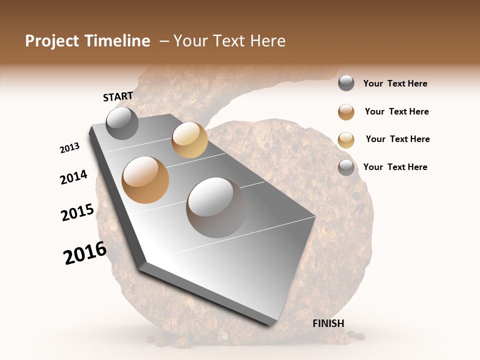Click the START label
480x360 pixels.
click(118, 96)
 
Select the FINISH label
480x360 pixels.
click(328, 323)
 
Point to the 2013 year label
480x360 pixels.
click(70, 148)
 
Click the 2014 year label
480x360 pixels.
click(74, 177)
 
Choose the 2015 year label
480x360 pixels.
click(77, 212)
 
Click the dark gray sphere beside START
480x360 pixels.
click(122, 123)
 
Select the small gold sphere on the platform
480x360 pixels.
click(189, 140)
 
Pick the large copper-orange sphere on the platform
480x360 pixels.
click(145, 180)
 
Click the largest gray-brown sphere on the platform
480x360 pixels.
click(216, 207)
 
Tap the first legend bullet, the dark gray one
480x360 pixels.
click(346, 83)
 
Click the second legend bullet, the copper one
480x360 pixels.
click(346, 112)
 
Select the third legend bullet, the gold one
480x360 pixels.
click(346, 140)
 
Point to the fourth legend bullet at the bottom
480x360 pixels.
click(346, 167)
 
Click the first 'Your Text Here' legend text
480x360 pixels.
click(395, 83)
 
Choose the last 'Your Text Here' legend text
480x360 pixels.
click(395, 167)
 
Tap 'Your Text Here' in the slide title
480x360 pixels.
click(229, 41)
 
